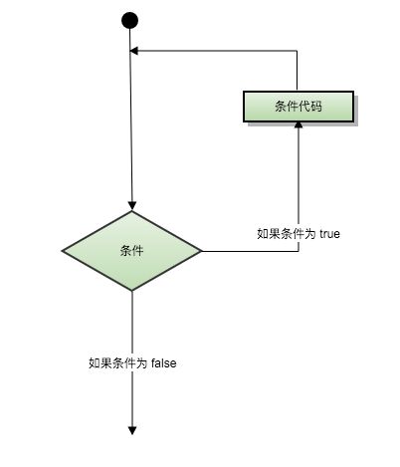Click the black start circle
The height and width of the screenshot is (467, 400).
(129, 20)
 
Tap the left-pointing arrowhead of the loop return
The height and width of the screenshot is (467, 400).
(133, 51)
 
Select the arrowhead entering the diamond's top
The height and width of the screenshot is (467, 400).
(132, 206)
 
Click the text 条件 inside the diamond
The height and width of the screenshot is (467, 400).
(131, 251)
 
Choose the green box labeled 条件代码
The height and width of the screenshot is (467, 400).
(299, 107)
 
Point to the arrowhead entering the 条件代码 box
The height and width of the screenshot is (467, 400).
(299, 125)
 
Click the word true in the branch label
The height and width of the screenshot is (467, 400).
(329, 234)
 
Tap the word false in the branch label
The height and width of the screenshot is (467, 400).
(163, 362)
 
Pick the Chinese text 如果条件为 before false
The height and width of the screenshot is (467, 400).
(118, 362)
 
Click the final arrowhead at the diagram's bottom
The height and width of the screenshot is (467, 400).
(132, 430)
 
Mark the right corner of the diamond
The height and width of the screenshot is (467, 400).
(201, 251)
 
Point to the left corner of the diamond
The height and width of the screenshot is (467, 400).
(62, 251)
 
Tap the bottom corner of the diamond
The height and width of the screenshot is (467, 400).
(132, 291)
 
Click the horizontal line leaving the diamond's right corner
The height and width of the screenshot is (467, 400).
(250, 251)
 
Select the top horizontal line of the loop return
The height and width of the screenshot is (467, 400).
(217, 51)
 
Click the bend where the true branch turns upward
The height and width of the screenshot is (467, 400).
(299, 251)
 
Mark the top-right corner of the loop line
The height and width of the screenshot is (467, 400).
(297, 51)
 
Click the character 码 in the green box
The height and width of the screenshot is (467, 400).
(316, 107)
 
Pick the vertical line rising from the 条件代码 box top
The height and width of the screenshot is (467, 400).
(297, 71)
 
